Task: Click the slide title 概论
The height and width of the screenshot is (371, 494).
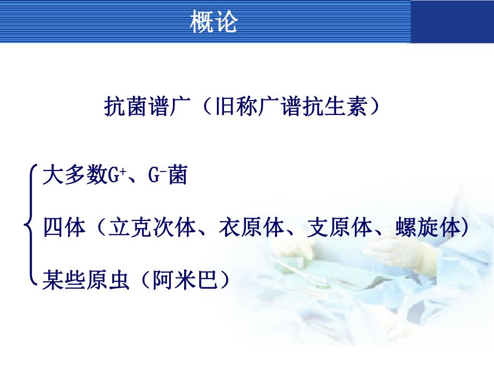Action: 214,22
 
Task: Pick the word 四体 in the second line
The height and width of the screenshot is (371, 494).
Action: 63,227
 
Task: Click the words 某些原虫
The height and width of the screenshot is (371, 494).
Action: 85,279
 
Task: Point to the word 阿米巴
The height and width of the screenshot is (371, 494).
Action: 181,279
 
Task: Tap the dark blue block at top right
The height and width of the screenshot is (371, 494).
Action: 452,22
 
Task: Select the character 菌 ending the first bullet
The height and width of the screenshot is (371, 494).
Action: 177,176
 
